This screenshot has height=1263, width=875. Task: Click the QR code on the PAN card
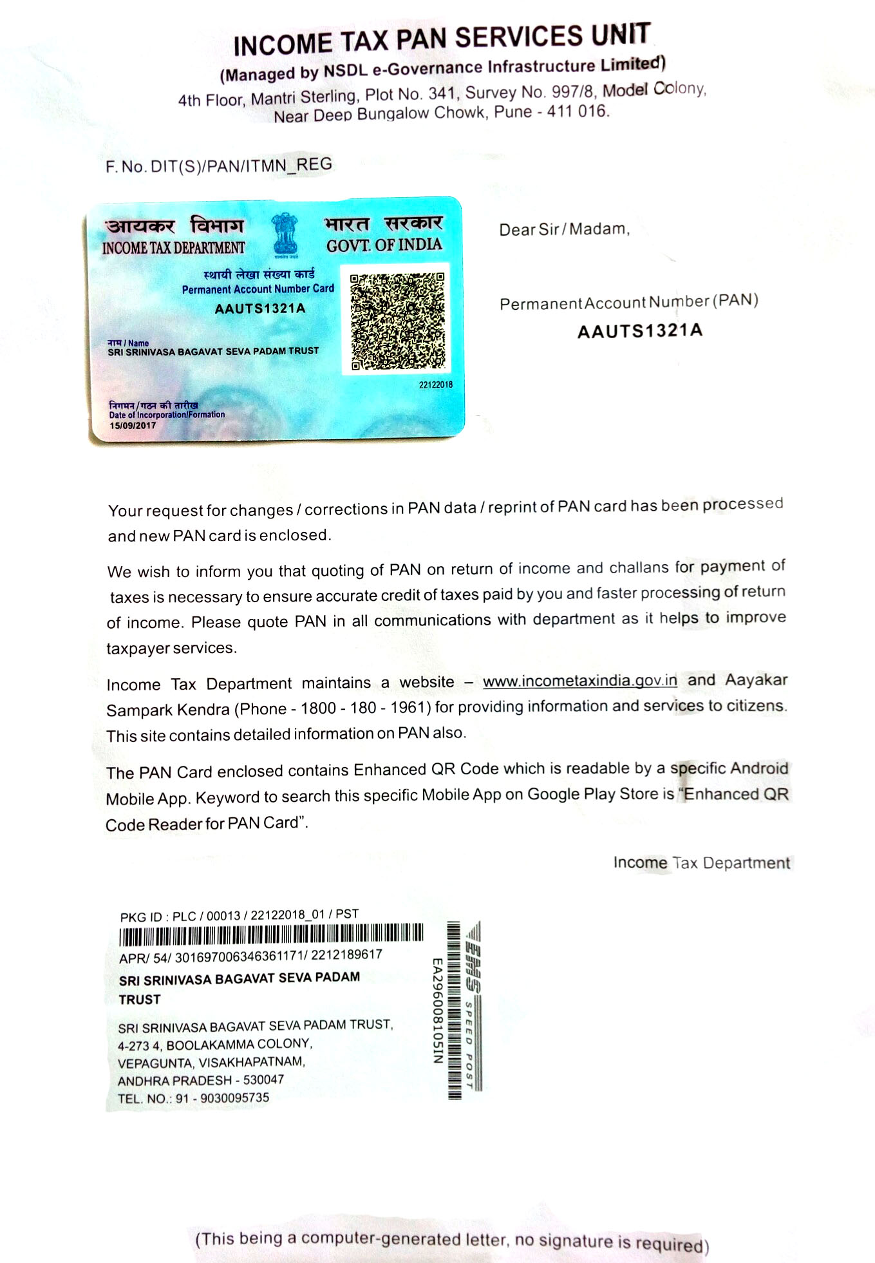397,321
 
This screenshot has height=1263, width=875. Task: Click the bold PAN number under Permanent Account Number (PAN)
639,331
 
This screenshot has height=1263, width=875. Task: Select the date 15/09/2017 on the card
133,426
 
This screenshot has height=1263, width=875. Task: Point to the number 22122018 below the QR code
435,385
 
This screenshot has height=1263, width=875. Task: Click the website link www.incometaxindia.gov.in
579,681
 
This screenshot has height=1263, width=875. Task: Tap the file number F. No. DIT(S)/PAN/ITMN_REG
219,166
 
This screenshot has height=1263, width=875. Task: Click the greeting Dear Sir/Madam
564,229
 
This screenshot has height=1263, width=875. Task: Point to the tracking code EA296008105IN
437,1011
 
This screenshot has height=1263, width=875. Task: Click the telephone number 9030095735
234,1097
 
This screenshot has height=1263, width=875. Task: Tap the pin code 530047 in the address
263,1079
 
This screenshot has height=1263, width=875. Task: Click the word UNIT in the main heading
621,35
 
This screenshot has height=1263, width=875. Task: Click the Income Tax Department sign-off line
701,862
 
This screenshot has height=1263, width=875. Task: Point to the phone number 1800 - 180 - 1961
362,708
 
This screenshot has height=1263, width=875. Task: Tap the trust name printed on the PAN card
213,352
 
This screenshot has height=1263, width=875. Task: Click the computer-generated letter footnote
451,1240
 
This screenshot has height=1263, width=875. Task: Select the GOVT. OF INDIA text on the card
384,245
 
